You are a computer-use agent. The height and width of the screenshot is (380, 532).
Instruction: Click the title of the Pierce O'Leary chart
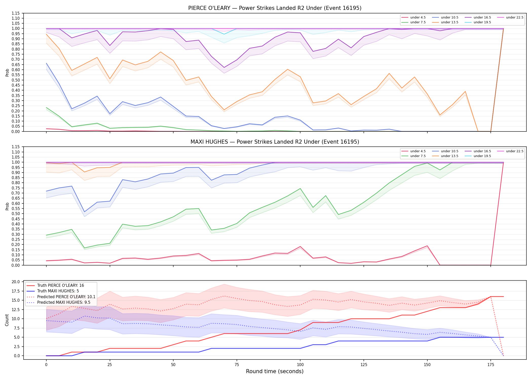click(275, 8)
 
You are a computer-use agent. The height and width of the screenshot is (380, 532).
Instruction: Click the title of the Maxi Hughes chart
click(275, 142)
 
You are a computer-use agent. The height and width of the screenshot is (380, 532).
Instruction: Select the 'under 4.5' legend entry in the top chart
click(414, 17)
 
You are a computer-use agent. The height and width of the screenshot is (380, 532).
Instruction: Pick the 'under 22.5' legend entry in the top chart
click(510, 17)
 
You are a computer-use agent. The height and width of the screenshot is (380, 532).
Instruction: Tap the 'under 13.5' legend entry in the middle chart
click(445, 156)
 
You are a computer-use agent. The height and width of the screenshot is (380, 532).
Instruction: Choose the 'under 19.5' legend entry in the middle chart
click(478, 156)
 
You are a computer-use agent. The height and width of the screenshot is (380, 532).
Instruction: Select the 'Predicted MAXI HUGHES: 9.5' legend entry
click(58, 302)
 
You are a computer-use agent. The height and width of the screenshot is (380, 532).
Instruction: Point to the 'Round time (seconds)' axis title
click(275, 371)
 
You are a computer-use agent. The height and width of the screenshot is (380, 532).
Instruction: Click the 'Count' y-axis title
click(7, 320)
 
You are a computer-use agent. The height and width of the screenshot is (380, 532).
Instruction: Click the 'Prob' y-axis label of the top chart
click(7, 73)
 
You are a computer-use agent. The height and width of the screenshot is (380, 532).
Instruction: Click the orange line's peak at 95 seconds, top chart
click(288, 69)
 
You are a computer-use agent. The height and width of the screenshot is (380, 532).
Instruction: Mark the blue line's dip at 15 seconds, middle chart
click(84, 212)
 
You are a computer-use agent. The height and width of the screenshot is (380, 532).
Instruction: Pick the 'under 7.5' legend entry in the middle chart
click(414, 156)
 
